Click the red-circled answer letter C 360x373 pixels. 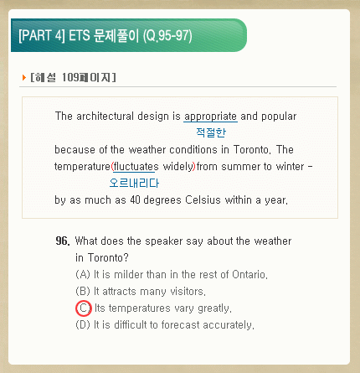(x=84, y=308)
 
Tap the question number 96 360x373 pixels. (x=63, y=241)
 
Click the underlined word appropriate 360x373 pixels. (x=210, y=117)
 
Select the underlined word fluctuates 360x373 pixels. (x=136, y=167)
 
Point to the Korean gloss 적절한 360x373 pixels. (x=211, y=132)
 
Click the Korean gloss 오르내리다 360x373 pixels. (x=134, y=183)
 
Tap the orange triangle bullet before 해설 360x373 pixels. (x=24, y=77)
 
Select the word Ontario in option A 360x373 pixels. (x=249, y=275)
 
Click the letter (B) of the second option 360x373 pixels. (x=83, y=292)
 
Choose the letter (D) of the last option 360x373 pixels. (x=83, y=325)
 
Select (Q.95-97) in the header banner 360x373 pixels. (x=167, y=36)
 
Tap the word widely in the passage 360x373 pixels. (x=178, y=167)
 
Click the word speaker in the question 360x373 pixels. (x=164, y=241)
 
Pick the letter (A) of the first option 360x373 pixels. (x=83, y=275)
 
